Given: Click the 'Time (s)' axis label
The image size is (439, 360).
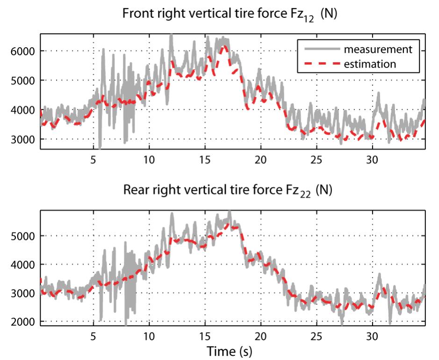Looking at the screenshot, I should coord(232,350).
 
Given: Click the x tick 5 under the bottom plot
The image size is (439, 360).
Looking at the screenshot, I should coord(93,336).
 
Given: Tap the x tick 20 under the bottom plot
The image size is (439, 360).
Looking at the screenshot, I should coord(260,336).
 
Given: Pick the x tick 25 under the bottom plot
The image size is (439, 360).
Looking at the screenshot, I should coord(316,336).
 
